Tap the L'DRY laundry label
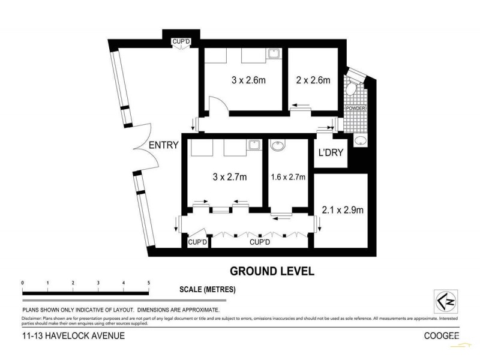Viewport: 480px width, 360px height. pos(331,152)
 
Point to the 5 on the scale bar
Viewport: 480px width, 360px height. pos(148,282)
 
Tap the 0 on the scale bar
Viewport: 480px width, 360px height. pos(22,282)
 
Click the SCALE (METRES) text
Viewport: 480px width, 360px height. pos(208,289)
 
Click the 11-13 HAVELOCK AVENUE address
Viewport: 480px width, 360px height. pos(72,336)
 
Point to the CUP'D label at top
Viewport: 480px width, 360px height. pos(181,41)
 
